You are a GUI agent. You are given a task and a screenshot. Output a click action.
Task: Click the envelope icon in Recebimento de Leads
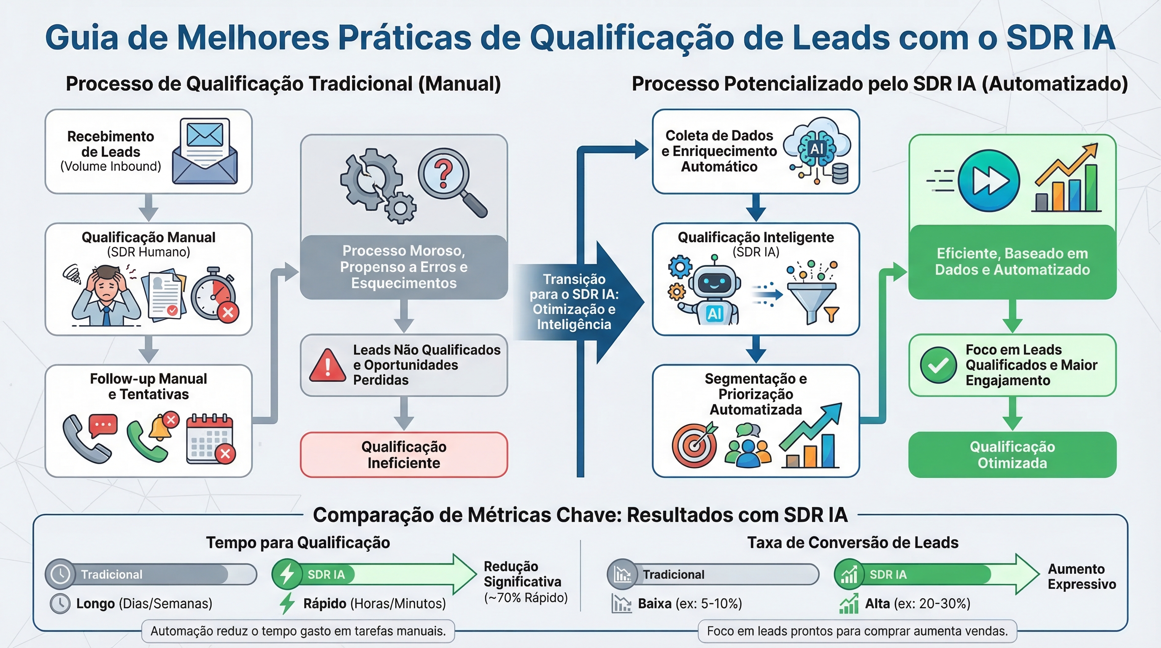point(205,151)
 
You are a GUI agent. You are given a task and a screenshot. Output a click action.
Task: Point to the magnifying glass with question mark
point(451,183)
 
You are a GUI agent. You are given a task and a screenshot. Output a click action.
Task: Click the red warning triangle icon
point(328,365)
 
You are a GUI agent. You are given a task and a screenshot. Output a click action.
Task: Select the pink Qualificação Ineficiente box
point(404,455)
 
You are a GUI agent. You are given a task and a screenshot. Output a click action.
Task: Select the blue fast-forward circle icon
point(988,181)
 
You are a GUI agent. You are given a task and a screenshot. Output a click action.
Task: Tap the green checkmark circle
point(938,365)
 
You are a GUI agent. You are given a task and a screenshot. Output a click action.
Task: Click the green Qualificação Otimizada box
point(1012,455)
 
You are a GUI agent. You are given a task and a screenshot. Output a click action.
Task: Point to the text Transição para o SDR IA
point(574,286)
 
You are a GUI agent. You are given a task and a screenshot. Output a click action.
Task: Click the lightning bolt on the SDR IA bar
point(287,575)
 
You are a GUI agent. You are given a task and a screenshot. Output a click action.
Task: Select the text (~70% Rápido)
point(526,597)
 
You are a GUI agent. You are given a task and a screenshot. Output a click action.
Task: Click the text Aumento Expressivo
point(1082,576)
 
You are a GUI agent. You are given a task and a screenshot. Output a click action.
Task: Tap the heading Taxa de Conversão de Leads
point(853,543)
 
